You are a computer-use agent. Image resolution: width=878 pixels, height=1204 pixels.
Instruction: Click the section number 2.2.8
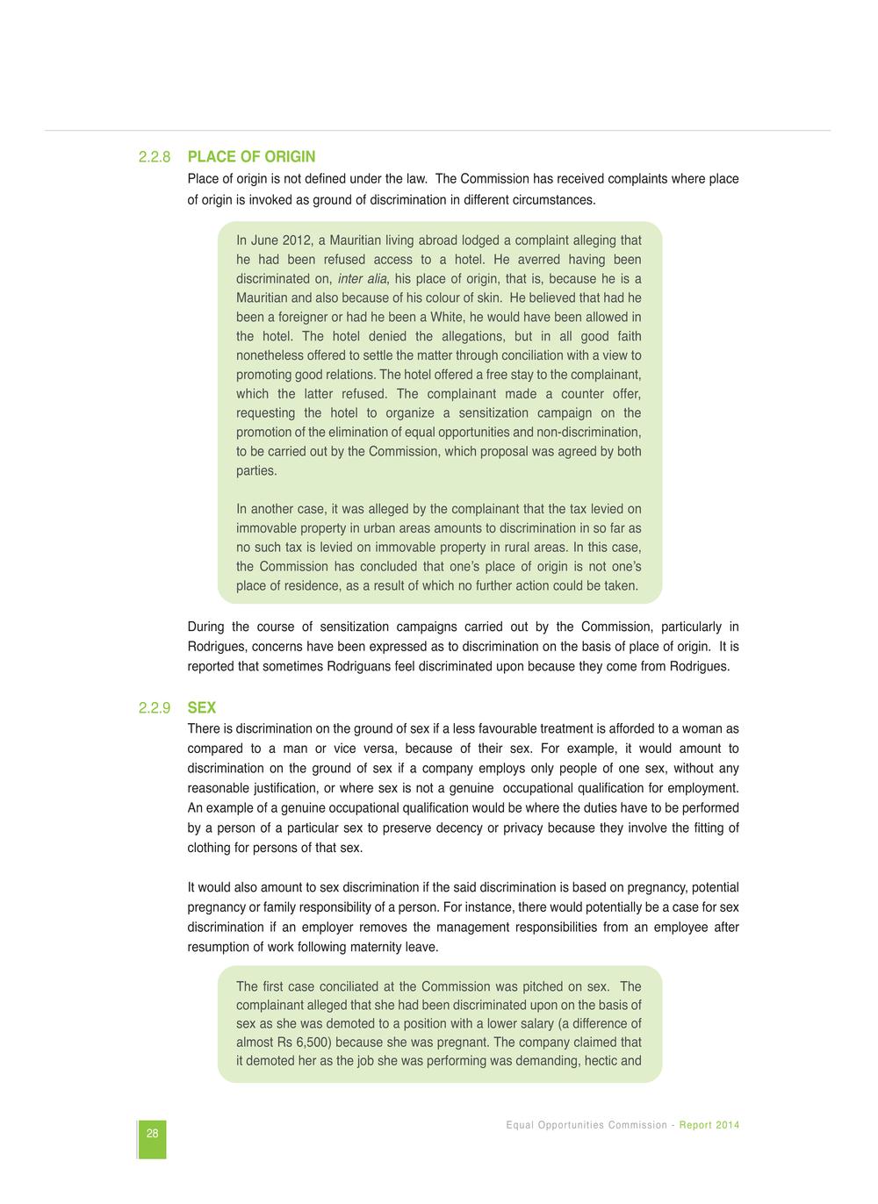[154, 157]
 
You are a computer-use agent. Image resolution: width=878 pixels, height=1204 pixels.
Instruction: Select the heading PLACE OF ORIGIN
[251, 157]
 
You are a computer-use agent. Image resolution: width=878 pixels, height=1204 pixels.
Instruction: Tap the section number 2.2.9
[154, 708]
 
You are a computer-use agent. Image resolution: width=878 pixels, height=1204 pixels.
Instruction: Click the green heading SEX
[202, 708]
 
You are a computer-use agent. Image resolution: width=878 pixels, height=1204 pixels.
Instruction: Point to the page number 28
[152, 1134]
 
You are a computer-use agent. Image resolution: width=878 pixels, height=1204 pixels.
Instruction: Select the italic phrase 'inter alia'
[363, 279]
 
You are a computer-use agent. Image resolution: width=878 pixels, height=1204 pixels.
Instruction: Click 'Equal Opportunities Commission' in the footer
[587, 1125]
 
